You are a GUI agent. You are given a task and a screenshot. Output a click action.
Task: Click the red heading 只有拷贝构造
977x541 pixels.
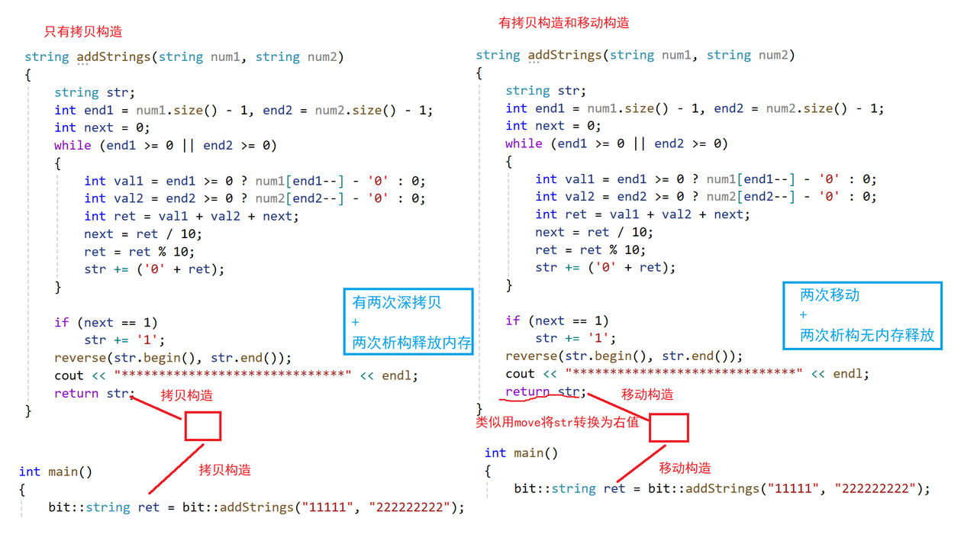coord(83,31)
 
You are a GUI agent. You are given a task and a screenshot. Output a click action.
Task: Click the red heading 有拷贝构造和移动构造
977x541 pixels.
coord(564,23)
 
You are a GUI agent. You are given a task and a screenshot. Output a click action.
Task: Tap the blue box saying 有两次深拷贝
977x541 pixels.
coord(409,321)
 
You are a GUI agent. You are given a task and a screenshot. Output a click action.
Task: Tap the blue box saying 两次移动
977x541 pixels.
coord(863,314)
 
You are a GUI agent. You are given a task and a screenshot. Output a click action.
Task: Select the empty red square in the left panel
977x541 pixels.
coord(202,426)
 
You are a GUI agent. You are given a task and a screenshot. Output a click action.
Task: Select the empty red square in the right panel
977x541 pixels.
coord(669,427)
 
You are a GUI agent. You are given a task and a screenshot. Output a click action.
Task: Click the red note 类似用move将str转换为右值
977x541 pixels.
coord(557,422)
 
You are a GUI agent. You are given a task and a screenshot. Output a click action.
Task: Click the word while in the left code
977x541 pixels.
coord(73,145)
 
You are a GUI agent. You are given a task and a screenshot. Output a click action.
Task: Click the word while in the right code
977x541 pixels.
coord(524,143)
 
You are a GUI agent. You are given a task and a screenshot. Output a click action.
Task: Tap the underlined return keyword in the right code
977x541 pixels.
coord(527,392)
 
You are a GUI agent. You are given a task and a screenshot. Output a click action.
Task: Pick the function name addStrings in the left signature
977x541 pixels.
coord(114,56)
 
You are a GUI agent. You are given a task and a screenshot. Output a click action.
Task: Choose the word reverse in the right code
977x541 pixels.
coord(531,356)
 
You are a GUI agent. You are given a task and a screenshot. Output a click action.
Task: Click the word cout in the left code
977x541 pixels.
coord(69,375)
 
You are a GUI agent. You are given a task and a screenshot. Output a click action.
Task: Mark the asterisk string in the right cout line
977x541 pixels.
coord(684,374)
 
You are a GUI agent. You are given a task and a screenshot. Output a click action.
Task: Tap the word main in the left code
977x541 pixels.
coord(63,472)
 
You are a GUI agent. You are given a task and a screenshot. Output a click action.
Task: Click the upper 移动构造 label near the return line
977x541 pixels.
coord(647,394)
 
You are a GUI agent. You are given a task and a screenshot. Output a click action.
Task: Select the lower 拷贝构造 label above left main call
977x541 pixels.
coord(224,469)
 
